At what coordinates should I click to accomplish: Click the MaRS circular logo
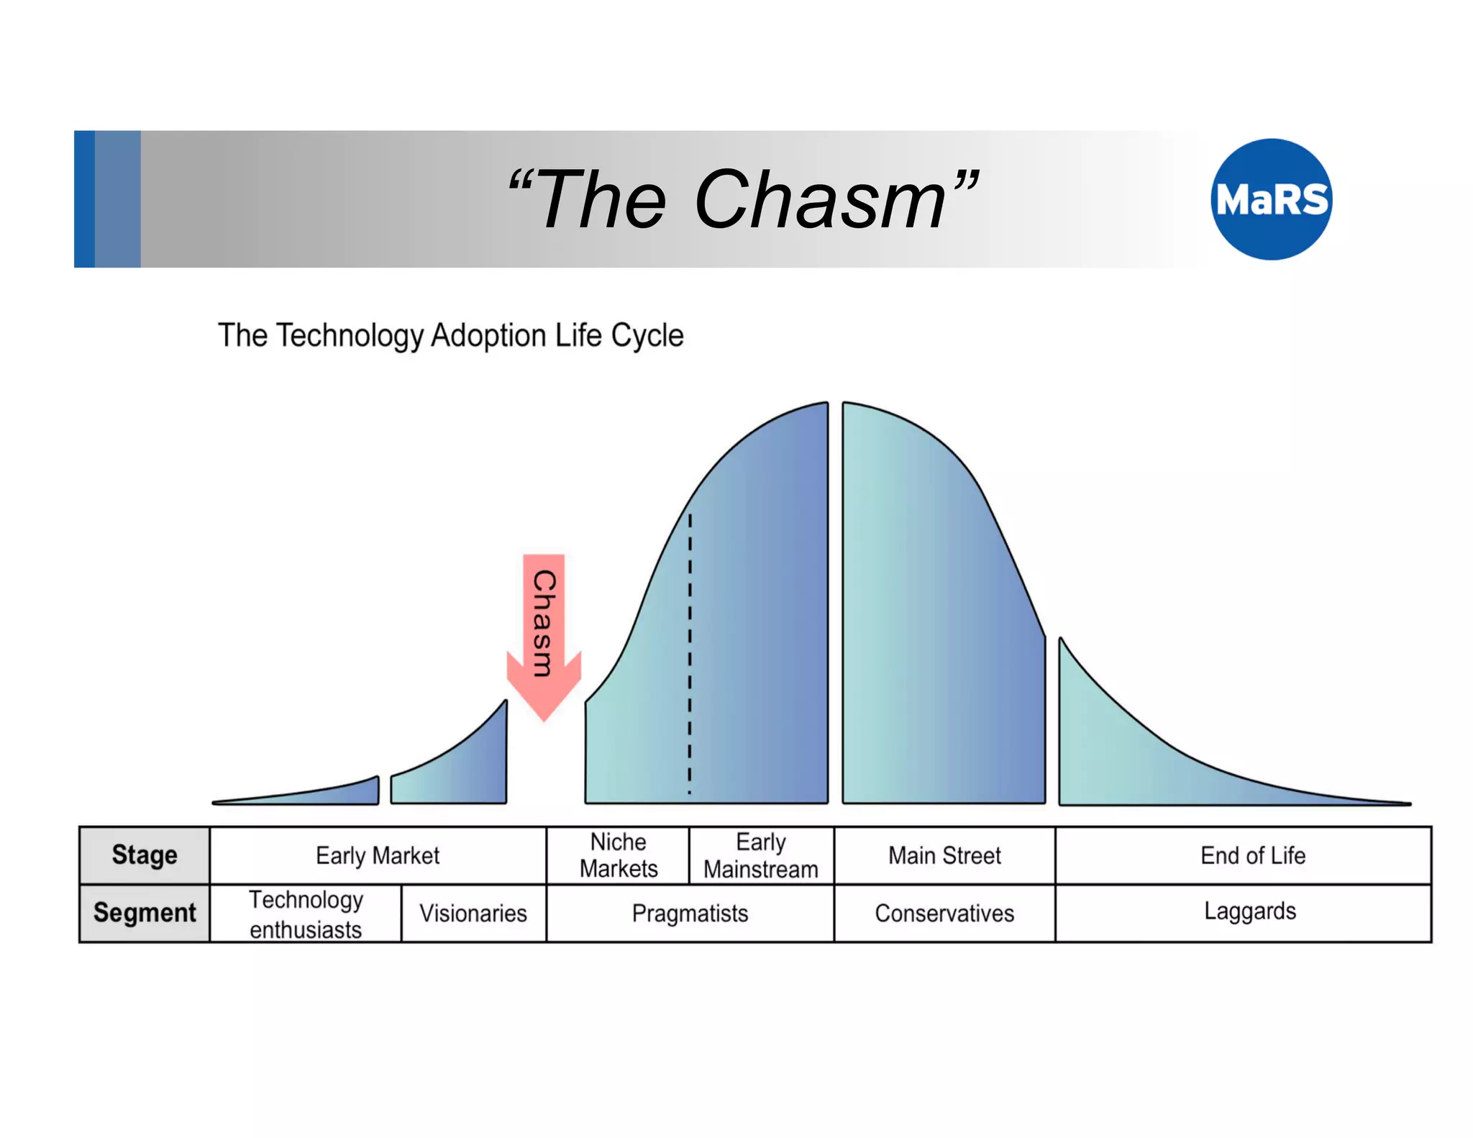[x=1271, y=199]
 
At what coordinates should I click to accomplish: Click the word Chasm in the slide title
[x=820, y=200]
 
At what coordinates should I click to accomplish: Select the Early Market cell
[x=378, y=855]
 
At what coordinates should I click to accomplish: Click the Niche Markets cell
[x=618, y=855]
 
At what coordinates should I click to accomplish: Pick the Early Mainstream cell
[x=761, y=855]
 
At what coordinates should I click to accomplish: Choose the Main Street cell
[x=944, y=855]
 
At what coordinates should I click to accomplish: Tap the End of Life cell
[x=1252, y=855]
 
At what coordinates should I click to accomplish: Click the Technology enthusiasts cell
[x=306, y=914]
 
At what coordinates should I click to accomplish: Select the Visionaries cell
[x=473, y=914]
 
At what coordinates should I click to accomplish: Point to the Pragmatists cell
[x=690, y=914]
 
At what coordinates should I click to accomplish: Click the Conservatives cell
[x=944, y=914]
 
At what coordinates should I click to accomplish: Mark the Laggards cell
[x=1250, y=911]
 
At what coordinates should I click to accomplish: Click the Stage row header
[x=145, y=855]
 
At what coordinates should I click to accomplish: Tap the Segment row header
[x=145, y=913]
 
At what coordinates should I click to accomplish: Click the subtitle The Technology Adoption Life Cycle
[x=450, y=335]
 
